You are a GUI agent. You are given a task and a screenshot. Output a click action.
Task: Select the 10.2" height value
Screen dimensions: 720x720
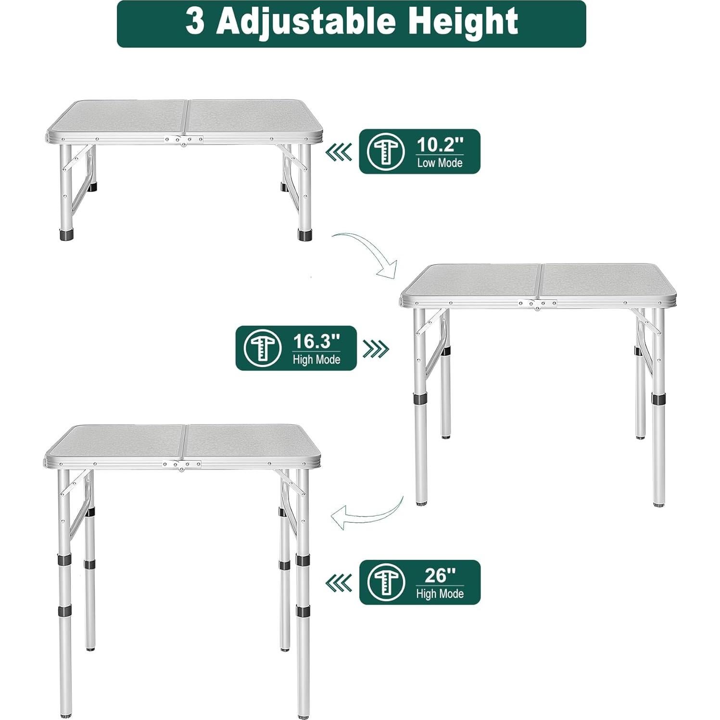tap(440, 144)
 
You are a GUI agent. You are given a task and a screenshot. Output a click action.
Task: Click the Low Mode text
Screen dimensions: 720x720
tap(440, 163)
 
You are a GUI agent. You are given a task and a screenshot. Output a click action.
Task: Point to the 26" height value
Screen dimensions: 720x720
tap(440, 575)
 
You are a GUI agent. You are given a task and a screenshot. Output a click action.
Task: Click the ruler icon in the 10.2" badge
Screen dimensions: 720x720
tap(386, 152)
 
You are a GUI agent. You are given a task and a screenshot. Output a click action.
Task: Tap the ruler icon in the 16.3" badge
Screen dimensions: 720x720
tap(262, 348)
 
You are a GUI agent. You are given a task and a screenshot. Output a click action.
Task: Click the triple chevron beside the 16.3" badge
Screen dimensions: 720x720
tap(376, 349)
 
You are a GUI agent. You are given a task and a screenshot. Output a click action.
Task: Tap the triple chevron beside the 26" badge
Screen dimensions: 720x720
tap(339, 583)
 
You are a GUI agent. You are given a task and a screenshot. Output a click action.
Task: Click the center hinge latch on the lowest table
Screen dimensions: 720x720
tap(183, 140)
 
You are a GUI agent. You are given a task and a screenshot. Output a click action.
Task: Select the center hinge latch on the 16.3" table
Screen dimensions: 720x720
tap(537, 304)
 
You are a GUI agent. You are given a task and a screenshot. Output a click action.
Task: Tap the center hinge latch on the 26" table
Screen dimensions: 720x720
tap(182, 465)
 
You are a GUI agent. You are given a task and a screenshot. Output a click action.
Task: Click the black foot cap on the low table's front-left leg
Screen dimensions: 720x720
tap(66, 235)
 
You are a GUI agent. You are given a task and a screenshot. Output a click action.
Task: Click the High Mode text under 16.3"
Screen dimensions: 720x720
tap(316, 360)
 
